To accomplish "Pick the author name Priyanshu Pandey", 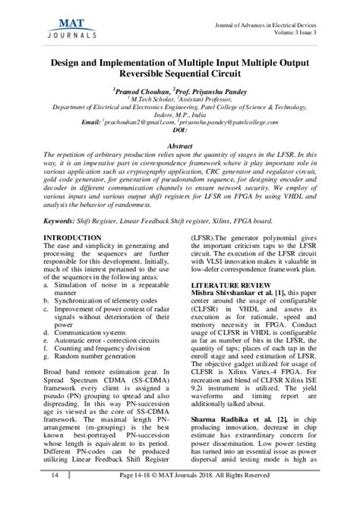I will (x=223, y=88).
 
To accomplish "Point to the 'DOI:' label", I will (x=179, y=130).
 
